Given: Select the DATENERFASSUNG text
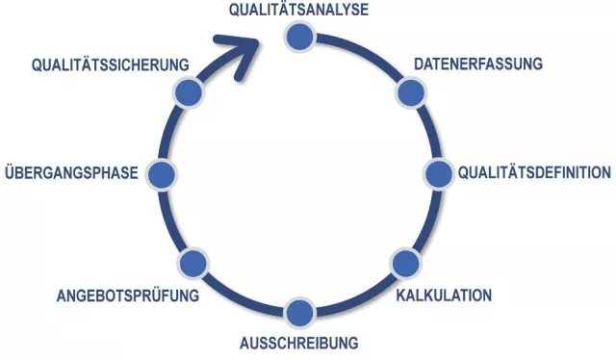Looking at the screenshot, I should [x=478, y=64].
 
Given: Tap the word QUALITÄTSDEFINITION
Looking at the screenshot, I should [x=534, y=173].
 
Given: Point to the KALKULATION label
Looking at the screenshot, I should [x=444, y=295].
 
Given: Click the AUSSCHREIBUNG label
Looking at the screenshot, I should [x=298, y=343].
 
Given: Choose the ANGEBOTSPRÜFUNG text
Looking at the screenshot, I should [x=128, y=295].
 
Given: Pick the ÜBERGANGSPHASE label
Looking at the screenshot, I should [x=72, y=174].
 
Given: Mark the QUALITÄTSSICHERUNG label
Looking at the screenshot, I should [x=108, y=65].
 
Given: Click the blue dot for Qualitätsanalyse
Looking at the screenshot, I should [x=300, y=37].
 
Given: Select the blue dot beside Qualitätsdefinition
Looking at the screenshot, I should [x=439, y=174].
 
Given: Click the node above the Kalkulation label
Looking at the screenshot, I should [x=404, y=262].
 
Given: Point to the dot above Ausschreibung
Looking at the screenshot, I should [x=299, y=312].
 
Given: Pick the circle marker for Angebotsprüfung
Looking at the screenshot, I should [x=192, y=262].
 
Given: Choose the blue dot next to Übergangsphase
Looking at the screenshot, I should [x=162, y=174].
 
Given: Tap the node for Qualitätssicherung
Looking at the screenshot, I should [x=188, y=92].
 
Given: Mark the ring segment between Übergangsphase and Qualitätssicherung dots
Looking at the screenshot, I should [x=170, y=131].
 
